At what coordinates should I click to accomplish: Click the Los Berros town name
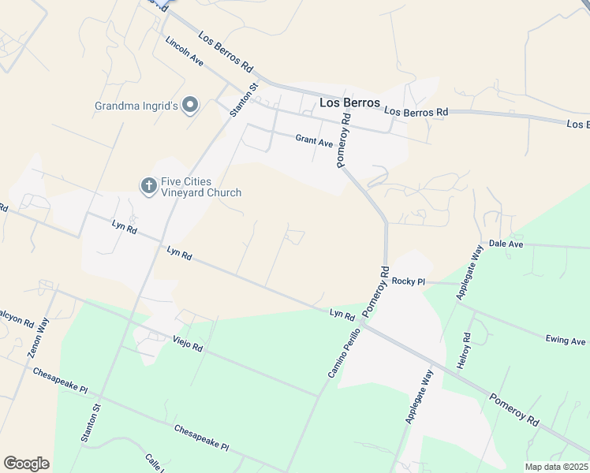point(349,103)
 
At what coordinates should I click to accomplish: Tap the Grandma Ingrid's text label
point(136,105)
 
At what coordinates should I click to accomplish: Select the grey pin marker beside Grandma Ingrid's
point(190,105)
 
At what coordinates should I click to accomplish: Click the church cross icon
point(148,186)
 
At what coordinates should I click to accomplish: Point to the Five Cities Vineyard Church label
point(201,187)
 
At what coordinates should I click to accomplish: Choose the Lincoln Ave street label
point(185,51)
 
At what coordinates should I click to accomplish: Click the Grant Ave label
point(314,141)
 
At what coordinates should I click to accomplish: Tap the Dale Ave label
point(506,244)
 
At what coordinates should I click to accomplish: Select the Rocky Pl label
point(409,281)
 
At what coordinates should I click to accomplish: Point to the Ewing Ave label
point(566,341)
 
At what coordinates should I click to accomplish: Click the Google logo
point(26,464)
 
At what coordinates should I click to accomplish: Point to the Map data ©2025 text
point(555,467)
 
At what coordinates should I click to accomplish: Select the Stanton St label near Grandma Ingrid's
point(245,101)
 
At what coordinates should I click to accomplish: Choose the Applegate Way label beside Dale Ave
point(470,273)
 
